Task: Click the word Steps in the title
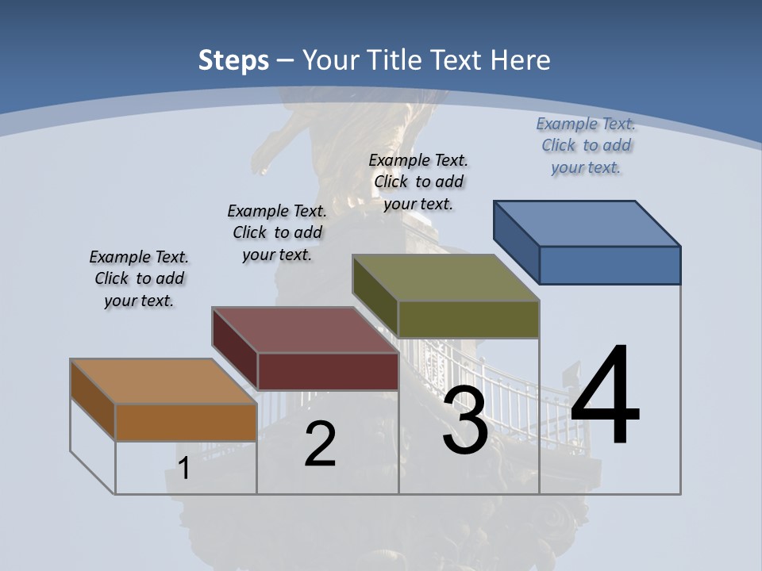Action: tap(233, 60)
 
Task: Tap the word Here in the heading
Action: tap(521, 60)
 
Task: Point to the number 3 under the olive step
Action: tap(465, 420)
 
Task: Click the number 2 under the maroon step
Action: tap(320, 444)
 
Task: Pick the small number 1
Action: tap(184, 469)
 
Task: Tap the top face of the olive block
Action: tap(446, 278)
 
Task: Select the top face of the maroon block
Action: tap(306, 330)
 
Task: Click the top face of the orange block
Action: tap(164, 382)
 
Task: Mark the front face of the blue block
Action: tap(610, 265)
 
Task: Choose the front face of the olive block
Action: tap(468, 319)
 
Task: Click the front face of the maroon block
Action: tap(328, 371)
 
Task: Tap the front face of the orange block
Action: tap(186, 422)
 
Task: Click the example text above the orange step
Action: tap(139, 278)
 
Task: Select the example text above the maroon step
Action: tap(277, 232)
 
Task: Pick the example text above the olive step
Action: tap(418, 182)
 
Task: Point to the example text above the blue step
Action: tap(586, 145)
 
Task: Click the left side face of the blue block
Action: tap(517, 238)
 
